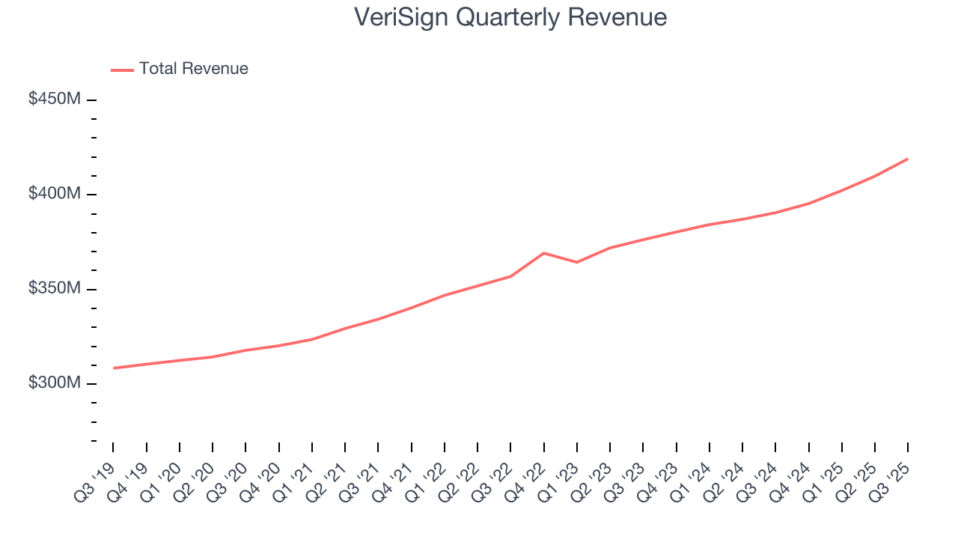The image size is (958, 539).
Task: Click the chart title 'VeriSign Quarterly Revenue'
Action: pos(511,17)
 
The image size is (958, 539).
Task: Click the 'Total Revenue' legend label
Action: pos(193,69)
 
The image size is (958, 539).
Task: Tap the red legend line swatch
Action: pos(123,70)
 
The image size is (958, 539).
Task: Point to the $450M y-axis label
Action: pos(54,100)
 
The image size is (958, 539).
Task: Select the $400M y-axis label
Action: pos(54,194)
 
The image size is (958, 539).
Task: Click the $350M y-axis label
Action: pos(54,289)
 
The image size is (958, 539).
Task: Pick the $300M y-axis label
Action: pos(54,383)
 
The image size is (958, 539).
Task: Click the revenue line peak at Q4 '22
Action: pos(543,253)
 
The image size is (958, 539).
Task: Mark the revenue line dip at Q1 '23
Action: pos(576,262)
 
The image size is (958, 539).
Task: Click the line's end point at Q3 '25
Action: pos(907,159)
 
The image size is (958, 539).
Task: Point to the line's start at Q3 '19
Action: pos(114,368)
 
